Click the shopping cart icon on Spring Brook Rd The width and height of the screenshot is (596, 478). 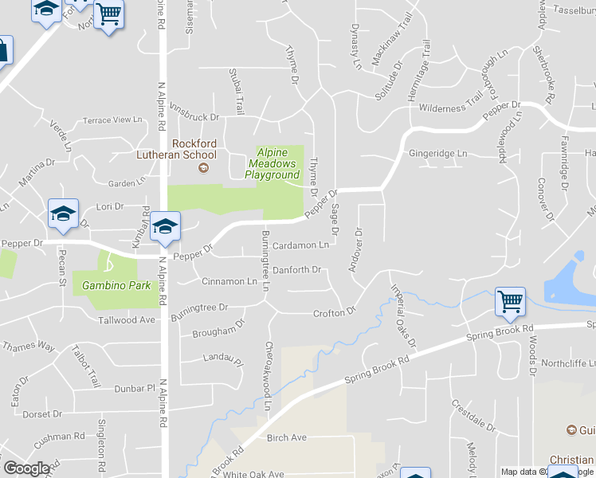click(x=510, y=302)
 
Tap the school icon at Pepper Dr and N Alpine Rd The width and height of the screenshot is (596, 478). click(x=165, y=227)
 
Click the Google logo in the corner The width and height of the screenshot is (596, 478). click(x=26, y=468)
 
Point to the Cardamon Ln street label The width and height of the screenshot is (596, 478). click(x=300, y=246)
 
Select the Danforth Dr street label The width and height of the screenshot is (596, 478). click(x=296, y=270)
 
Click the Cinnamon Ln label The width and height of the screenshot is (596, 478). click(x=229, y=281)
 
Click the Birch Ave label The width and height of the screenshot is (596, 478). click(x=287, y=438)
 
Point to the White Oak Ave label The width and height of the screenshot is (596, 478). click(x=253, y=474)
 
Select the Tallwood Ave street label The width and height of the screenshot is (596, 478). click(x=126, y=320)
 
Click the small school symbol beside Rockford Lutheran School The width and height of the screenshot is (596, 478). click(x=203, y=167)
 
